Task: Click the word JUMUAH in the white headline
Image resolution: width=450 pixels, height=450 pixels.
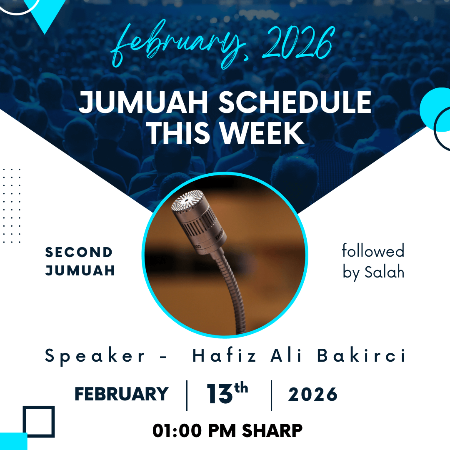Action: tap(143, 102)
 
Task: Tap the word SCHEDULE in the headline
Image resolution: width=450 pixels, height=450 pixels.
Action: tap(295, 102)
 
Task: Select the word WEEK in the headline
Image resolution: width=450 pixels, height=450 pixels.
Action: tap(262, 133)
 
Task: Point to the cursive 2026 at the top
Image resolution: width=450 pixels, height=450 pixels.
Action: tap(298, 42)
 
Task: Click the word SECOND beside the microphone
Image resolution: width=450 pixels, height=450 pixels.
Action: tap(79, 252)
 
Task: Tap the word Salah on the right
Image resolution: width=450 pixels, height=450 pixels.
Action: tap(384, 272)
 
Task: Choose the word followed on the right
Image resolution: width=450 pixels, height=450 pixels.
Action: tap(373, 250)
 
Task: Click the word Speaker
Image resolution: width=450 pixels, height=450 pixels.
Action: tap(95, 356)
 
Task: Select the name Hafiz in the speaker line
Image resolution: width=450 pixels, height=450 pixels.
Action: tap(224, 355)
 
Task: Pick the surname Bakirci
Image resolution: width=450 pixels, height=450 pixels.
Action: tap(361, 355)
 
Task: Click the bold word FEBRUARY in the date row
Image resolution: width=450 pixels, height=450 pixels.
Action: tap(122, 394)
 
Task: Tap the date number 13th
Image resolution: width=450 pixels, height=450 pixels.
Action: tap(227, 393)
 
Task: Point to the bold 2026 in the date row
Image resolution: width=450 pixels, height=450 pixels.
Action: tap(313, 394)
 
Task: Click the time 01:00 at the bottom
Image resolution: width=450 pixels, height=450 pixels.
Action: tap(177, 431)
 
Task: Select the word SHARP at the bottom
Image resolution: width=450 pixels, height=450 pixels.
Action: tap(272, 431)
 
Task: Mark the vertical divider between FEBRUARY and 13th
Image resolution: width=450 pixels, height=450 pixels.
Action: tap(187, 395)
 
